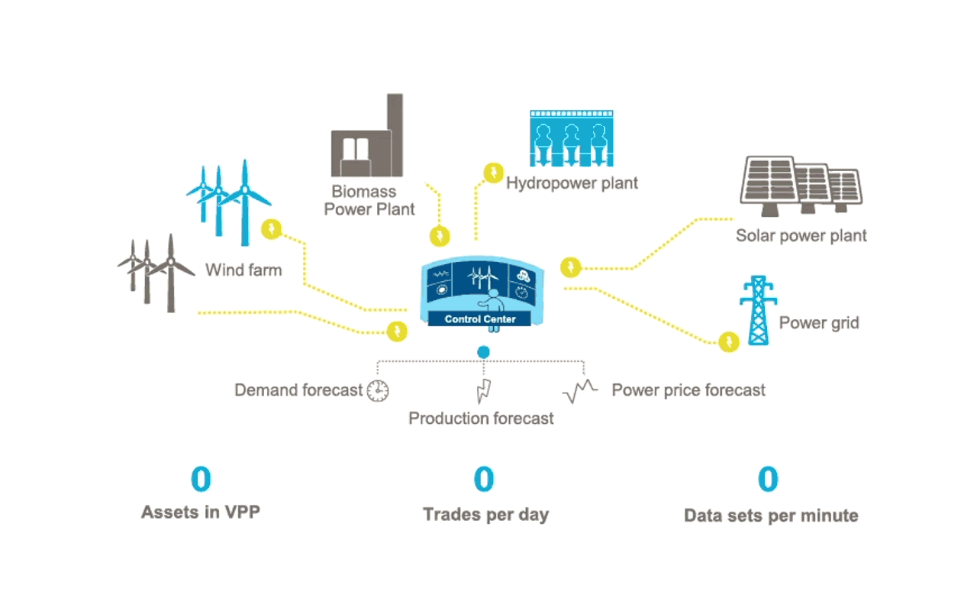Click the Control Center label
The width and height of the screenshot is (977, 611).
[480, 319]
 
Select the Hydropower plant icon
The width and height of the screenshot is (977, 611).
[572, 139]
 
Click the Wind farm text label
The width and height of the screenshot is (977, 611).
[243, 270]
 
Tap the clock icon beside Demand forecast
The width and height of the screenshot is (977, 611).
[378, 391]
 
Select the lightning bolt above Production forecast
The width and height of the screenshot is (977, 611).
[483, 390]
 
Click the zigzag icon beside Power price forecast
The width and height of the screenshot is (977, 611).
[580, 391]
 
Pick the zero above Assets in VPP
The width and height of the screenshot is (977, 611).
[200, 480]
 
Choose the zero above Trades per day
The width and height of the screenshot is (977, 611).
[484, 480]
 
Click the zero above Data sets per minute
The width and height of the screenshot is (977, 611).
[768, 480]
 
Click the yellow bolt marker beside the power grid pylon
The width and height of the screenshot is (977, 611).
[730, 341]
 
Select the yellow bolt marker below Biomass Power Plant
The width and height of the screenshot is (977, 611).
[439, 236]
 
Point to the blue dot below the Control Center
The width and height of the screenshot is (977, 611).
[483, 352]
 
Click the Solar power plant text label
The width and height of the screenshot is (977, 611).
[801, 235]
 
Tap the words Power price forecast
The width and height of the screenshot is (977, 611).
[688, 390]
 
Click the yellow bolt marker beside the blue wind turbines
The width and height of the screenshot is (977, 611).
[272, 228]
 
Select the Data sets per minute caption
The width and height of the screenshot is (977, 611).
[771, 516]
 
